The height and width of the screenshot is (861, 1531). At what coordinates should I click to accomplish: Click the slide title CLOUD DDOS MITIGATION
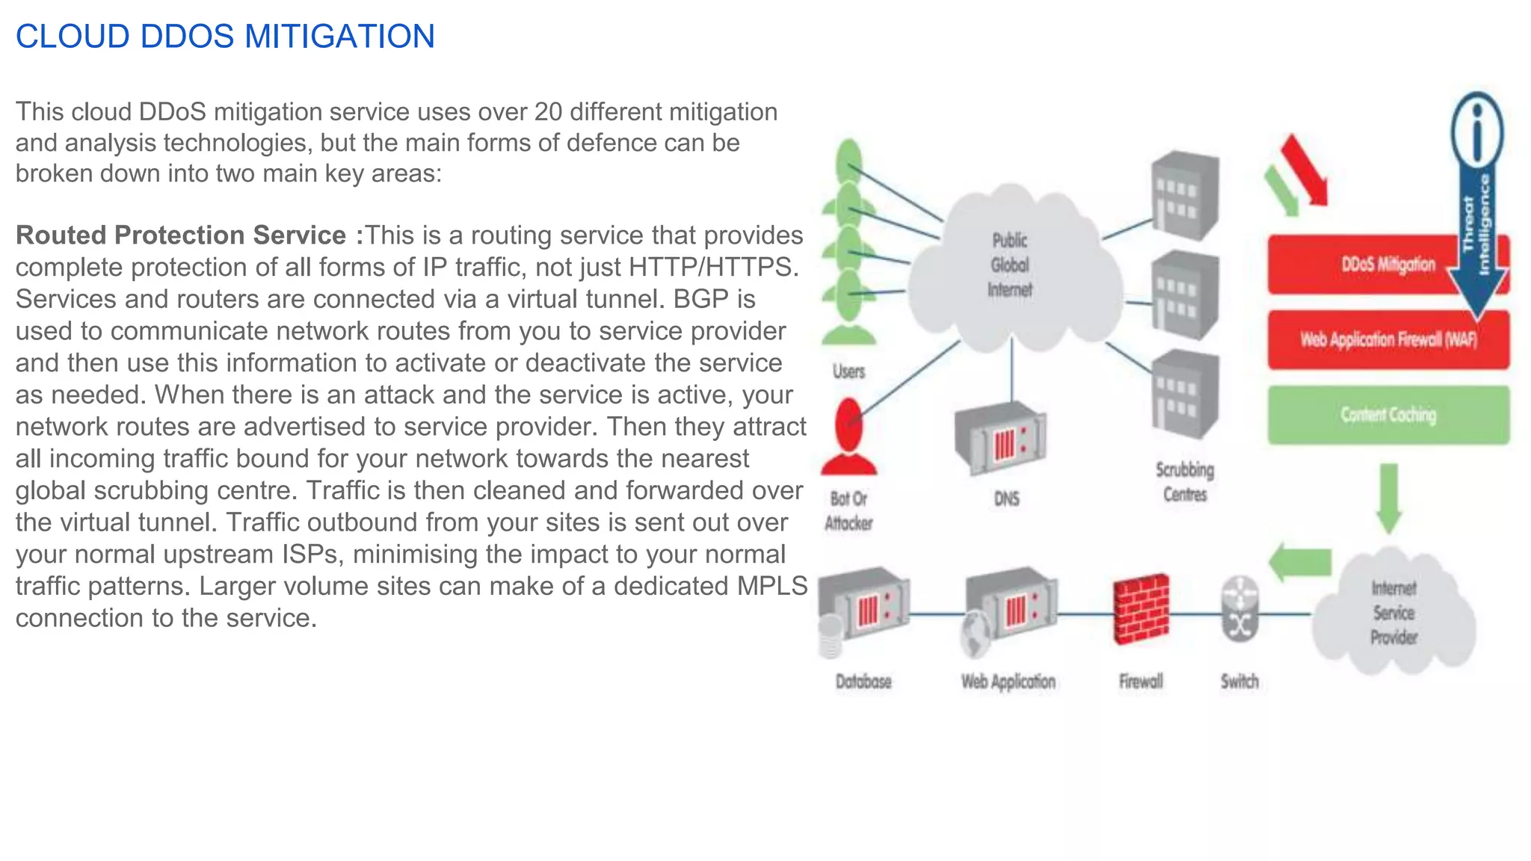pyautogui.click(x=225, y=37)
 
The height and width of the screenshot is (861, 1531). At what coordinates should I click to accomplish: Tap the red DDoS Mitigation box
pyautogui.click(x=1361, y=265)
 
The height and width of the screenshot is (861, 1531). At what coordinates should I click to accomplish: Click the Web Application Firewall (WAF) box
pyautogui.click(x=1388, y=340)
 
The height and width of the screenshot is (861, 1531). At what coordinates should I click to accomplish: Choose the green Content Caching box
pyautogui.click(x=1388, y=415)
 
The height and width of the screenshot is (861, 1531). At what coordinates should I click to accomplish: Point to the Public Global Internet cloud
pyautogui.click(x=1011, y=265)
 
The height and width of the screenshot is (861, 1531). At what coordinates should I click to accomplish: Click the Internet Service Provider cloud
pyautogui.click(x=1393, y=613)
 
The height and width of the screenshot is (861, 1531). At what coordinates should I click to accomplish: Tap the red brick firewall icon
pyautogui.click(x=1141, y=609)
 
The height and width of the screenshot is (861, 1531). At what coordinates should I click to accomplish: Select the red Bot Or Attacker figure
pyautogui.click(x=848, y=437)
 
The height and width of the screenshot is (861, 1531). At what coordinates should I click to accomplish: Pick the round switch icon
pyautogui.click(x=1240, y=608)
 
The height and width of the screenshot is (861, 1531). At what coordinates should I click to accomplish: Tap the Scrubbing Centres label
pyautogui.click(x=1185, y=482)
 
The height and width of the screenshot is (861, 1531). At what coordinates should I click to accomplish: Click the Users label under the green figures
pyautogui.click(x=849, y=371)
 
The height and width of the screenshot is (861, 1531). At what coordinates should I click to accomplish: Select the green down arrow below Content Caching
pyautogui.click(x=1388, y=497)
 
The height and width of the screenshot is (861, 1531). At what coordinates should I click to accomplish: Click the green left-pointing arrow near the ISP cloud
pyautogui.click(x=1301, y=562)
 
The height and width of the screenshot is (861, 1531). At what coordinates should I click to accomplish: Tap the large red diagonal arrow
pyautogui.click(x=1305, y=170)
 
